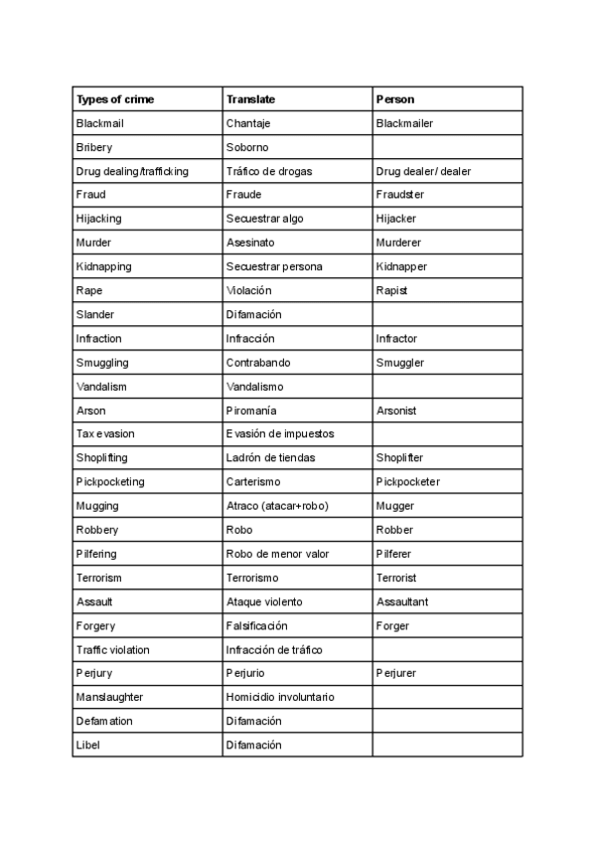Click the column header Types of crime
tap(115, 99)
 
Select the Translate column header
tap(250, 99)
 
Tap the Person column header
tap(395, 99)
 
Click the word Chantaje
tap(248, 123)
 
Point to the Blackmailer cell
tap(404, 123)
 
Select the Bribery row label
tap(95, 147)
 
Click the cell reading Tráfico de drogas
tap(268, 171)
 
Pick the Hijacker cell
tap(396, 219)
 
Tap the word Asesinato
tap(250, 243)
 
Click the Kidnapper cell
tap(401, 266)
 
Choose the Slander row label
tap(95, 314)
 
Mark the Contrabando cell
tap(258, 363)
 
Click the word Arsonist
tap(396, 411)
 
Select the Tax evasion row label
tap(105, 434)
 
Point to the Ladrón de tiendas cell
tap(270, 458)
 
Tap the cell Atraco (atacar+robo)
tap(277, 506)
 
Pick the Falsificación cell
tap(256, 626)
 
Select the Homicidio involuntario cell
tap(280, 697)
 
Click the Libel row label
tap(87, 745)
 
